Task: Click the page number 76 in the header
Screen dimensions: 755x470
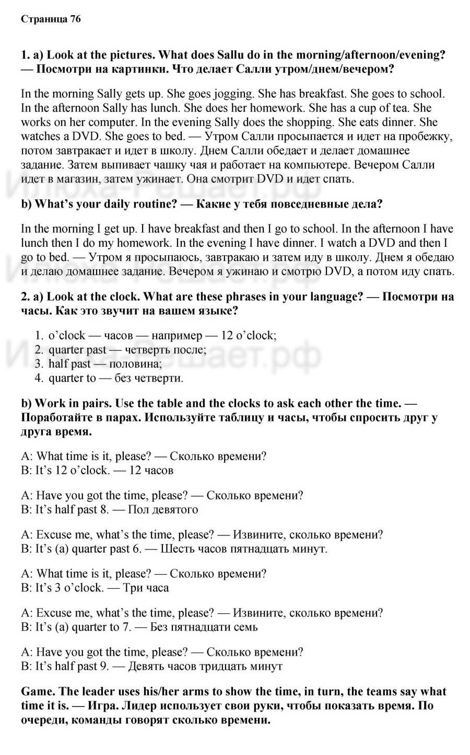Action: pos(75,19)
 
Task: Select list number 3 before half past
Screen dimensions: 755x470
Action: pos(39,364)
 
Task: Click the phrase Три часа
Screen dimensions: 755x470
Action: pos(146,588)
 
